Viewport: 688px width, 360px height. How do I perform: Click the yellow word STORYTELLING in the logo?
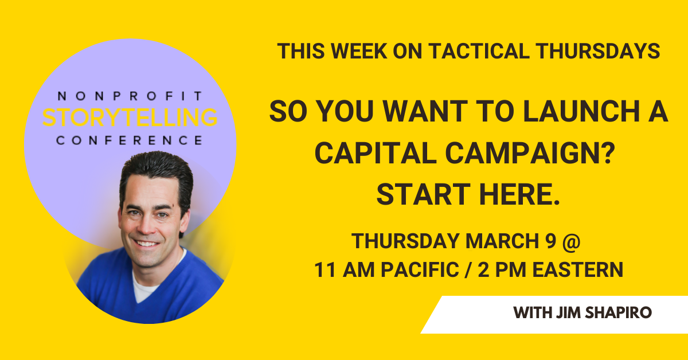130,118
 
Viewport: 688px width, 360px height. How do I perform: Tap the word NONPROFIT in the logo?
130,96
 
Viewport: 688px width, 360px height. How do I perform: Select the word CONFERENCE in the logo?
130,140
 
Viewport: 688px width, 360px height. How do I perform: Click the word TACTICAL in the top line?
479,51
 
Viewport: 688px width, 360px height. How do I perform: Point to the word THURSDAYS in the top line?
598,51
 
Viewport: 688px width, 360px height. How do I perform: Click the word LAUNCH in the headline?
581,111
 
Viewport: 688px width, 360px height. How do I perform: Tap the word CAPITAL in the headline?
376,153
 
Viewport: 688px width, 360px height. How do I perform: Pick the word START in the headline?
424,194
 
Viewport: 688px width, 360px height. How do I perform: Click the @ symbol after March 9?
571,241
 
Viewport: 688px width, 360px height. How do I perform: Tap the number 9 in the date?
551,241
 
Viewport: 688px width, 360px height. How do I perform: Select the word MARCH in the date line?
502,241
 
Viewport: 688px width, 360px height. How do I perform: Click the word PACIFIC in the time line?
420,269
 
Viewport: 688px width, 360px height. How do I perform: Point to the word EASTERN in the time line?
578,269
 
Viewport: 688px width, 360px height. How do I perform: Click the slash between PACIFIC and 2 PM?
468,269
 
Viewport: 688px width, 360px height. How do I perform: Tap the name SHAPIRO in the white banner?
618,312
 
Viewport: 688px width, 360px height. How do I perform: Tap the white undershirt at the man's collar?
144,287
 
